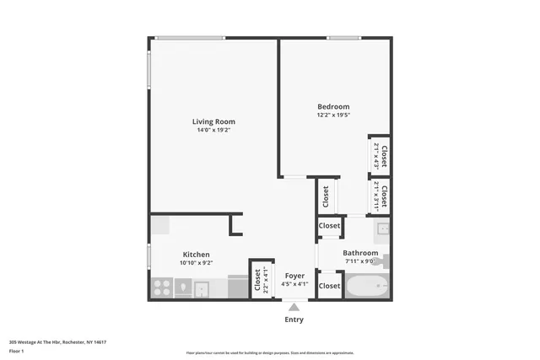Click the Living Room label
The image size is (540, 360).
(x=213, y=121)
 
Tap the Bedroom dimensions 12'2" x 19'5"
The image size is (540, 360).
(x=333, y=116)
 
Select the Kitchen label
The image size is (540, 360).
(x=197, y=255)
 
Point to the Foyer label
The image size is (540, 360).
(x=294, y=276)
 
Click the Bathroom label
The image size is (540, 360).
(x=360, y=253)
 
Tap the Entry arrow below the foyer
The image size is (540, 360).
(x=294, y=307)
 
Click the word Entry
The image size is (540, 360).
(x=294, y=320)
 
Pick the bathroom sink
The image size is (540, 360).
(x=381, y=228)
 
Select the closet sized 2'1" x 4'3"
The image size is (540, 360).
(x=380, y=157)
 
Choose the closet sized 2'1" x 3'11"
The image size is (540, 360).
(x=380, y=196)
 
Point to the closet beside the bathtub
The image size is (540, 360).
(x=329, y=287)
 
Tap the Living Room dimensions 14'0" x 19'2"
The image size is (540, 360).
(x=213, y=131)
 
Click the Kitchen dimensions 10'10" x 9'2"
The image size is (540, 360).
(x=196, y=263)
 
